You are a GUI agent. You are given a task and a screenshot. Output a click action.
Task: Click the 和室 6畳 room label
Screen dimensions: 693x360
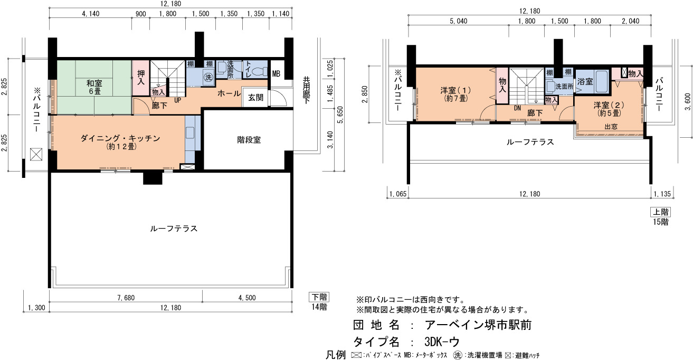coord(94,87)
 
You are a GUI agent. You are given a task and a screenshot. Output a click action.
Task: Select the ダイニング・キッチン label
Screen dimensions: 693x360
coord(120,142)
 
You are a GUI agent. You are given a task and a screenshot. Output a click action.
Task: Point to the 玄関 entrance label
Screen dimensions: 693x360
coord(255,98)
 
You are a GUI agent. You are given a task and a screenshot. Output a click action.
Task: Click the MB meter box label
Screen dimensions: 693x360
coord(276,73)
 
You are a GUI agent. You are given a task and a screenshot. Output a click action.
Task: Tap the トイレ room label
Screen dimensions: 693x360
coord(248,70)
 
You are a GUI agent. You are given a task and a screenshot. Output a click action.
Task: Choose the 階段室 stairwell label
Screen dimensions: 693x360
coord(249,140)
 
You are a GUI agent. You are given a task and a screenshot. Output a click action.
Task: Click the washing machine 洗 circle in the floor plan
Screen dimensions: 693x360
coord(208,77)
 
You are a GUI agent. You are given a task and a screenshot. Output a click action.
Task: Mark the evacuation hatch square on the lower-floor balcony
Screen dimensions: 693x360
coord(36,154)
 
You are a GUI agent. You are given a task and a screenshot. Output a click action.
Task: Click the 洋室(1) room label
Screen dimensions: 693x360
coord(455,94)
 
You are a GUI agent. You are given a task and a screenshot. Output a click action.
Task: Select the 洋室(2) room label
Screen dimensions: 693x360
coord(609,109)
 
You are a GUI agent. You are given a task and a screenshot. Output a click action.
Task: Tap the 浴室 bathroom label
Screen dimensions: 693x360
coord(585,81)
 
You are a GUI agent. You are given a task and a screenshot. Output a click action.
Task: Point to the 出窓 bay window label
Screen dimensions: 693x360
coord(611,127)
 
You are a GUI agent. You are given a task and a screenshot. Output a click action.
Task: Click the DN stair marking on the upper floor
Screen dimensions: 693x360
coord(517,108)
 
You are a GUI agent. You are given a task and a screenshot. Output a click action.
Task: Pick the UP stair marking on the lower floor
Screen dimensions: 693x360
coord(177,100)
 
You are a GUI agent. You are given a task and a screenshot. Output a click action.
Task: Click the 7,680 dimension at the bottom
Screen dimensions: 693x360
coord(126,298)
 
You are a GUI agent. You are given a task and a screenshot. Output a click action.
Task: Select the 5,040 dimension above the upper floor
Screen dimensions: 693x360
coord(458,21)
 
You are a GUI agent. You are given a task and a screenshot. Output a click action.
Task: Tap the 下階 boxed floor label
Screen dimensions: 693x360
coord(319,297)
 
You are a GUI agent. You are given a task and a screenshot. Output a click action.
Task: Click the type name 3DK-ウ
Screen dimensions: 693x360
coord(442,342)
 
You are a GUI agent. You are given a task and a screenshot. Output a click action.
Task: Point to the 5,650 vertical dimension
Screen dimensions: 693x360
coord(340,115)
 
